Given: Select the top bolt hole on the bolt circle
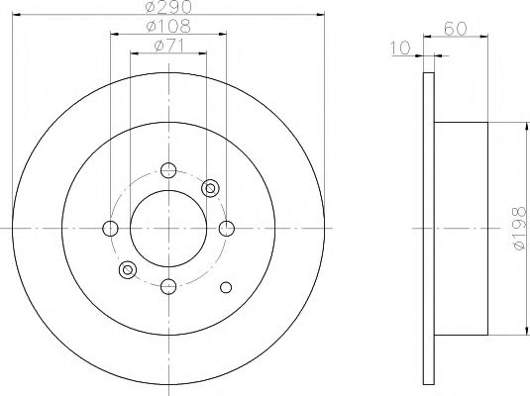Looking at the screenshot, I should [167, 168].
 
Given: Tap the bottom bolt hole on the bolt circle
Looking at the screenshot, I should [167, 287].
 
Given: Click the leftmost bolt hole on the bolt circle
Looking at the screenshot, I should [108, 229].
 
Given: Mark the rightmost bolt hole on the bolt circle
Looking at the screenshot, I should [227, 229].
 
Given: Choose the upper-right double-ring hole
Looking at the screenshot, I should [210, 187].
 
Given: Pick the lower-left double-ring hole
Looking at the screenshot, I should [126, 269].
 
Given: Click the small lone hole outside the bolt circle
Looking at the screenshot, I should [225, 287].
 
